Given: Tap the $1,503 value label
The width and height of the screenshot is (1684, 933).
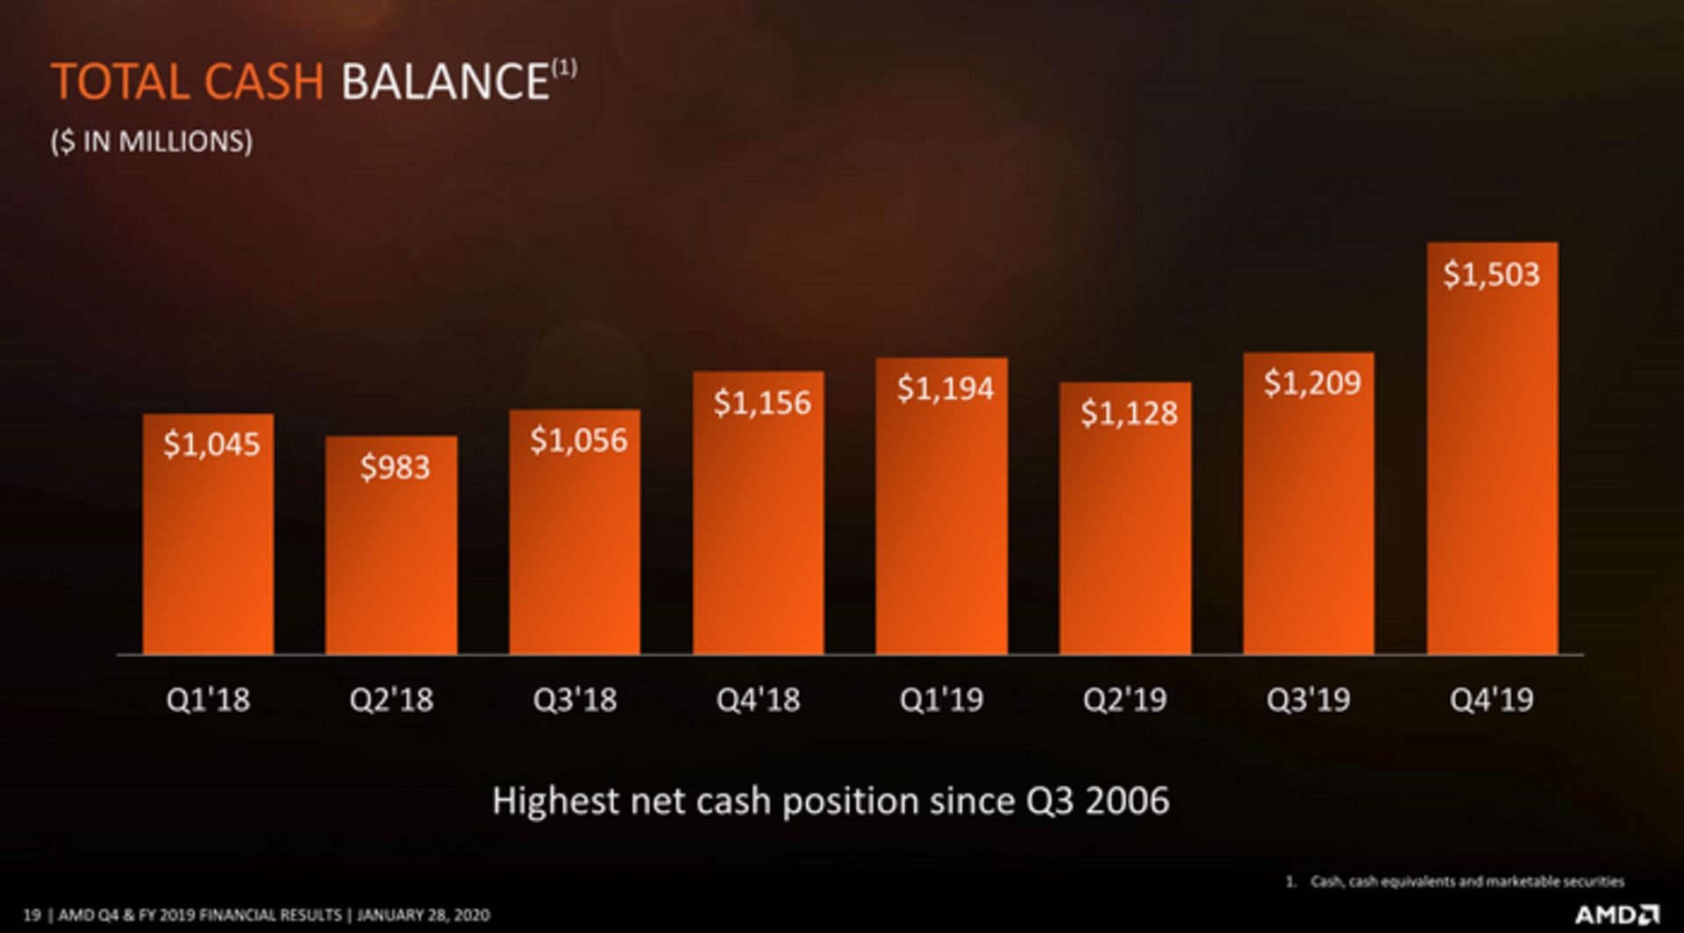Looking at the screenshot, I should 1491,274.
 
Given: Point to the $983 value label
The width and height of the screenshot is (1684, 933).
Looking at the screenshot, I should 395,467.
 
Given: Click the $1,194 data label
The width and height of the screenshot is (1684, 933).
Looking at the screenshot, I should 945,388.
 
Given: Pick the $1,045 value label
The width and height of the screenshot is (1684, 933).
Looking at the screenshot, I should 211,445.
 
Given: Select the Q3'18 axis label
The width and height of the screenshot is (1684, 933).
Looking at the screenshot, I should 574,700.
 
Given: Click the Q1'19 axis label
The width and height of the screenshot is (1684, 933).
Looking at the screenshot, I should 941,700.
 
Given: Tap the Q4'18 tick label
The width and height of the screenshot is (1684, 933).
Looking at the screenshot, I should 758,700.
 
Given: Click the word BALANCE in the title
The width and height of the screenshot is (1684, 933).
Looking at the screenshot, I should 445,82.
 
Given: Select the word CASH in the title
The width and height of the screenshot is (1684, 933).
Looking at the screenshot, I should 264,82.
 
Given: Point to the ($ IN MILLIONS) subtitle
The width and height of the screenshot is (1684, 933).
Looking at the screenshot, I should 152,141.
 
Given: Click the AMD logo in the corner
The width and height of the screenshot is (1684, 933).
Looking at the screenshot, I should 1616,915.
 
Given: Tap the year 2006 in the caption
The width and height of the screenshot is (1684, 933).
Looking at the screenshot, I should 1127,801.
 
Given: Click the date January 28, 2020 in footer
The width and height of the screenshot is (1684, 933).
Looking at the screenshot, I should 423,915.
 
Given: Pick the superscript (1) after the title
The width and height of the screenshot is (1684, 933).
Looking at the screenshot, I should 564,68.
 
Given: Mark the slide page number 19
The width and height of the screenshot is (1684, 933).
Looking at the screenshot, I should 32,915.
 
